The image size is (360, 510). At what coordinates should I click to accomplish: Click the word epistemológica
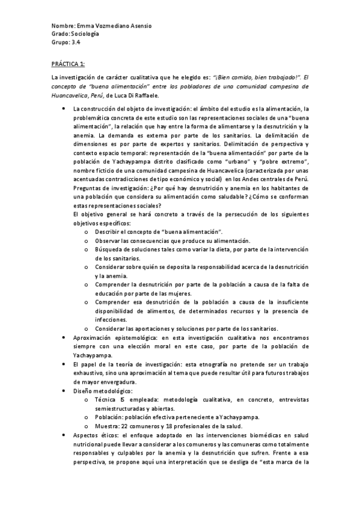coord(130,339)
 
